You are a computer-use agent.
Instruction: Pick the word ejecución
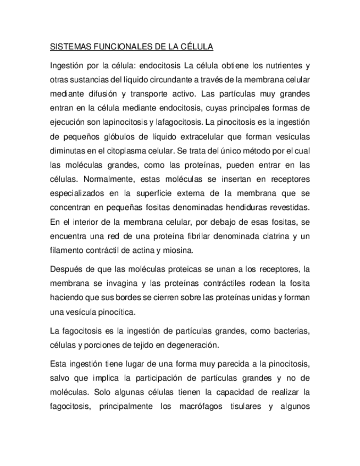[x=69, y=119]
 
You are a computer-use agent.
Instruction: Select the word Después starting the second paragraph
[x=66, y=269]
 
